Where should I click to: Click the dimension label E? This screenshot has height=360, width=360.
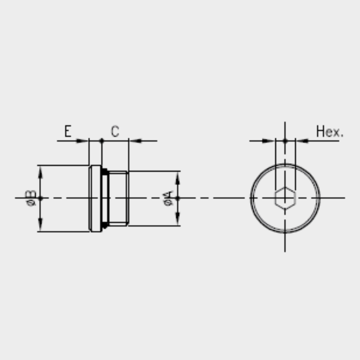[68, 131]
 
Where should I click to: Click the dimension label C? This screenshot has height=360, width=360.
[115, 131]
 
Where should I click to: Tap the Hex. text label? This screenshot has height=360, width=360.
[330, 131]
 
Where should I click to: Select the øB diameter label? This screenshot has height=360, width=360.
[31, 198]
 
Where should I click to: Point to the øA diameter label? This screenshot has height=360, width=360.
[168, 198]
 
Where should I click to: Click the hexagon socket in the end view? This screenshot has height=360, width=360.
[285, 198]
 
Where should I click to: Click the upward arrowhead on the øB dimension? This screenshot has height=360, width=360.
[40, 172]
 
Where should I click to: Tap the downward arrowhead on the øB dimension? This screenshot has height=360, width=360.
[40, 224]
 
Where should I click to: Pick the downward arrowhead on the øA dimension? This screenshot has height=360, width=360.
[178, 219]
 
